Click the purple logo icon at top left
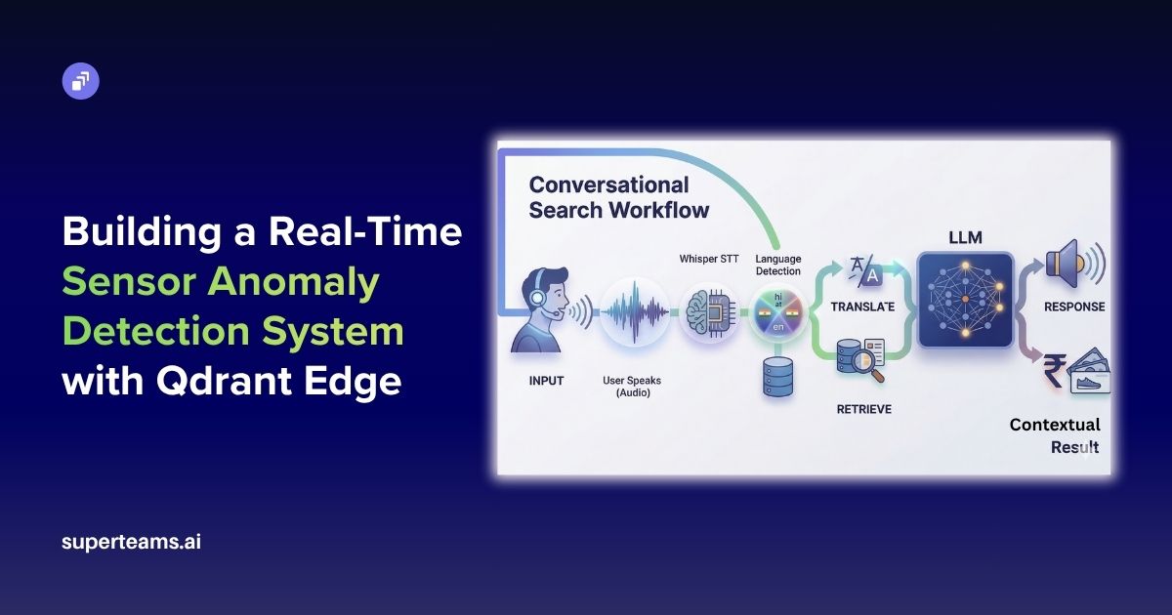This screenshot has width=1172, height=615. coord(81,80)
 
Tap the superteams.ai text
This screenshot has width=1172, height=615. coord(131,542)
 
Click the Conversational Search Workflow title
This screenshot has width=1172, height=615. coord(618,196)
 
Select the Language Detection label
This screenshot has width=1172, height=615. coord(777,265)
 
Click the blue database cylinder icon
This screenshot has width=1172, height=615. coord(777,376)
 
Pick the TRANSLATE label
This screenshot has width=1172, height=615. coord(863,307)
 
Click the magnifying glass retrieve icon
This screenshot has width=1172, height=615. coord(861,361)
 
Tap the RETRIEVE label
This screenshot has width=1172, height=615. coord(863,409)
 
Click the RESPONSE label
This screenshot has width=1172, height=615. coord(1073,307)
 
